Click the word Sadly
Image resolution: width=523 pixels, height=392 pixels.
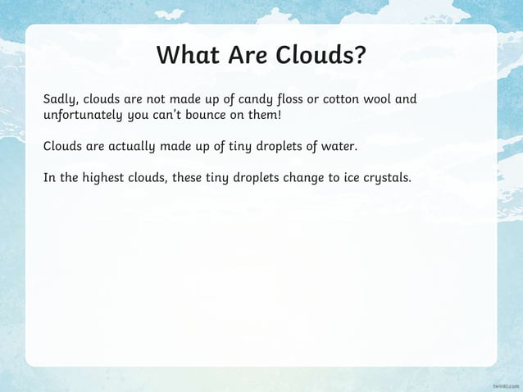pyautogui.click(x=61, y=100)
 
